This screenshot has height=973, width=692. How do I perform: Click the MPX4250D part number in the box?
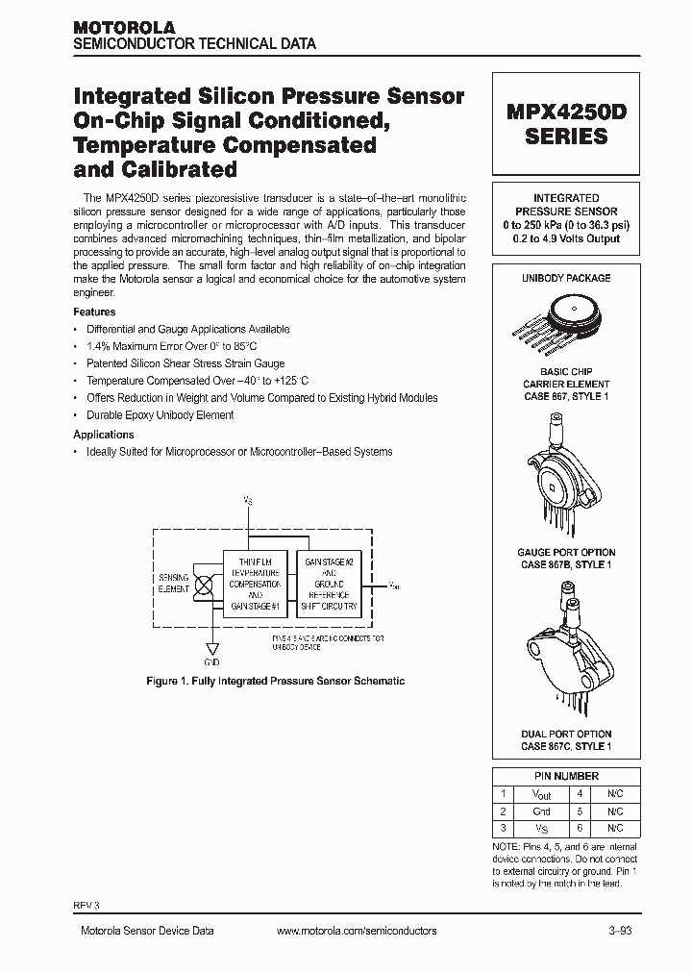point(566,111)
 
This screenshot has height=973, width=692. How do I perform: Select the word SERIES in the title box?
point(566,137)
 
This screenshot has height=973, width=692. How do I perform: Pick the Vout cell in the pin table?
point(541,794)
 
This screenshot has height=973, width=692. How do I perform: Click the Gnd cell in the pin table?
point(541,811)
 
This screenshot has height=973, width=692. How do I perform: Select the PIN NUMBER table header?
point(566,776)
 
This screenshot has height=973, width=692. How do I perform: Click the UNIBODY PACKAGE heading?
point(566,278)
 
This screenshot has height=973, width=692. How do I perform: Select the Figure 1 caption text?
point(275,681)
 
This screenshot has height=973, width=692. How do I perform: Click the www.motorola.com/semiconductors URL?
point(356,931)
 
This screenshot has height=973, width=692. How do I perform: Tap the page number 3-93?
point(620,931)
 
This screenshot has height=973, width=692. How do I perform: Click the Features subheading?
point(94,312)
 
